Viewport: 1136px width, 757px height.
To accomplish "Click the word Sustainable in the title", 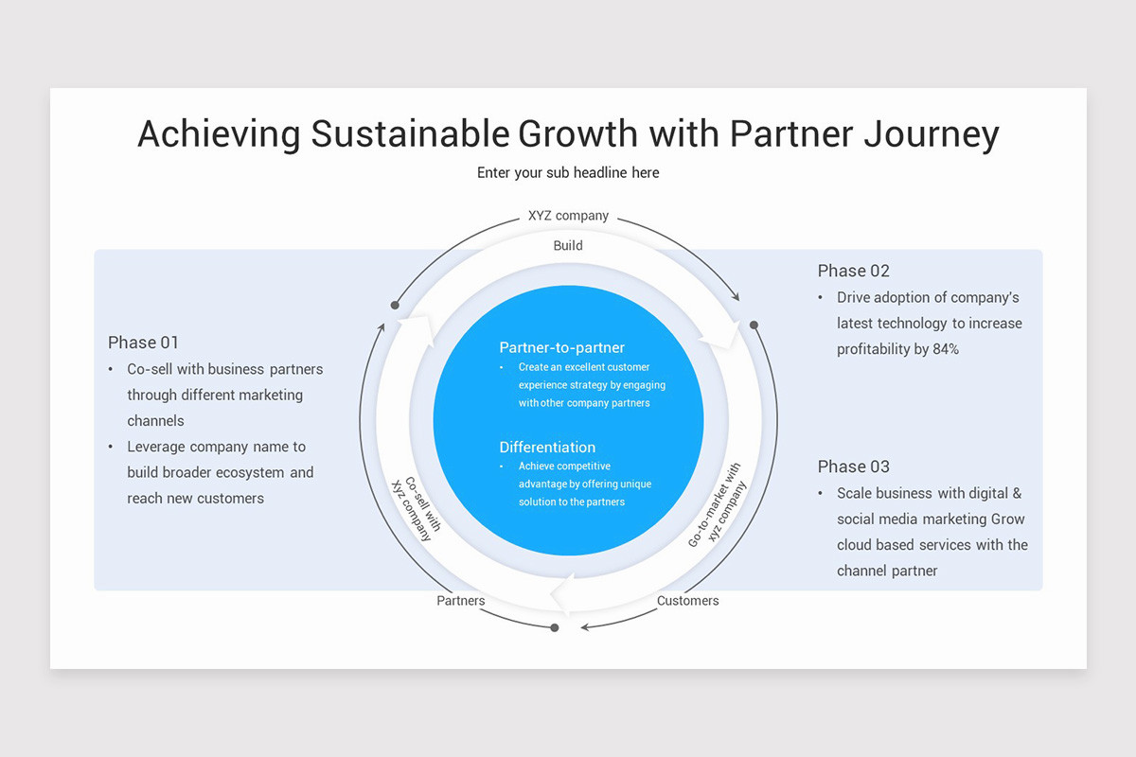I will [x=409, y=133].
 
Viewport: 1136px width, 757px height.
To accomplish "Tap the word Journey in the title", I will [x=932, y=133].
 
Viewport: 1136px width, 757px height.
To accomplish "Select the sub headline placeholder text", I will [x=568, y=172].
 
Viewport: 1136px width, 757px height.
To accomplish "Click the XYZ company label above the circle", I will [x=568, y=216].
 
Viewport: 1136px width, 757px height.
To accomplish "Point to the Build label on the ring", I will [x=568, y=245].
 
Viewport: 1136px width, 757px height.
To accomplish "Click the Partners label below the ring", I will [x=461, y=601].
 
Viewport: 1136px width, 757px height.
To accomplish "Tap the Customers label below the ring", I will [x=688, y=601].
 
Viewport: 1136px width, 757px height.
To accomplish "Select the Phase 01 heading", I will [x=143, y=343].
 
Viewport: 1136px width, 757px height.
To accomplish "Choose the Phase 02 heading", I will [x=854, y=271].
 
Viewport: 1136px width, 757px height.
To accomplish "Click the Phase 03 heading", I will [x=854, y=467].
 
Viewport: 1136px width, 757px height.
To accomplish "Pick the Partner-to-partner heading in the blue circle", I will [x=562, y=347].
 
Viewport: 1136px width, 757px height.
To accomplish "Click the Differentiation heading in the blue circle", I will [x=547, y=447].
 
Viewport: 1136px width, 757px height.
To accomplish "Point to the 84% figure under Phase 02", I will [x=946, y=349].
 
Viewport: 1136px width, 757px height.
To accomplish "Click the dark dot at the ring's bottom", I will [x=555, y=627].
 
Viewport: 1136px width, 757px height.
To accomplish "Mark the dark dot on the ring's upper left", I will [x=395, y=305].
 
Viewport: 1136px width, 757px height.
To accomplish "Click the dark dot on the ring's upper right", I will [x=754, y=325].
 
